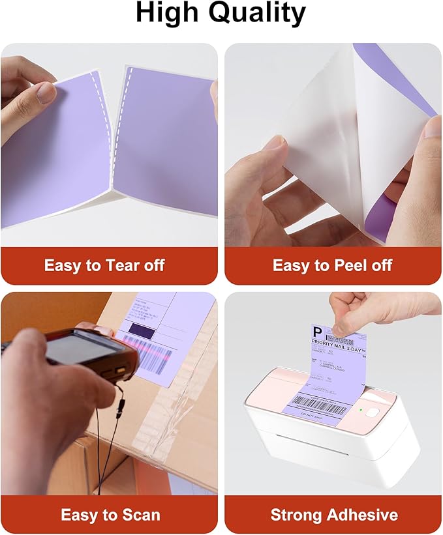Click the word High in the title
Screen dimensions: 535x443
click(167, 14)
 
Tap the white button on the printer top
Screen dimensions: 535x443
click(373, 412)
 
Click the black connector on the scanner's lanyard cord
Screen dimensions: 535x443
click(120, 409)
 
